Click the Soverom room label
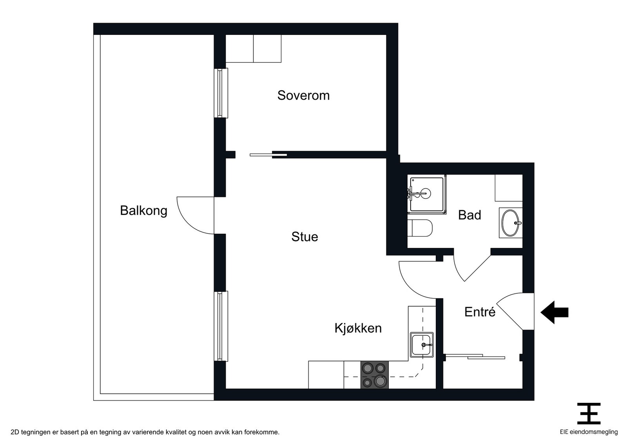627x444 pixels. pos(303,96)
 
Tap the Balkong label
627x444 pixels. pos(143,211)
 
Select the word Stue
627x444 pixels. pos(304,237)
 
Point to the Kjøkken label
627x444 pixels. pos(358,328)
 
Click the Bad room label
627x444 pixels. pos(469,215)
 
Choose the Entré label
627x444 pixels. pos(480,312)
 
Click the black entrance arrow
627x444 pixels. pos(554,312)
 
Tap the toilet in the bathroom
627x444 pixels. pos(420,228)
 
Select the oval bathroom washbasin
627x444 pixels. pos(511,223)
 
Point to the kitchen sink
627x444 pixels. pos(422,345)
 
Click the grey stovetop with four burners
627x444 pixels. pos(375,375)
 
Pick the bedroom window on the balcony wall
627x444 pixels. pos(221,93)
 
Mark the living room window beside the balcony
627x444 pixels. pos(221,326)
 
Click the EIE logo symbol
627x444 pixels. pos(589,413)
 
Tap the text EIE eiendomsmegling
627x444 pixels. pos(589,432)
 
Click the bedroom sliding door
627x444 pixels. pos(268,155)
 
